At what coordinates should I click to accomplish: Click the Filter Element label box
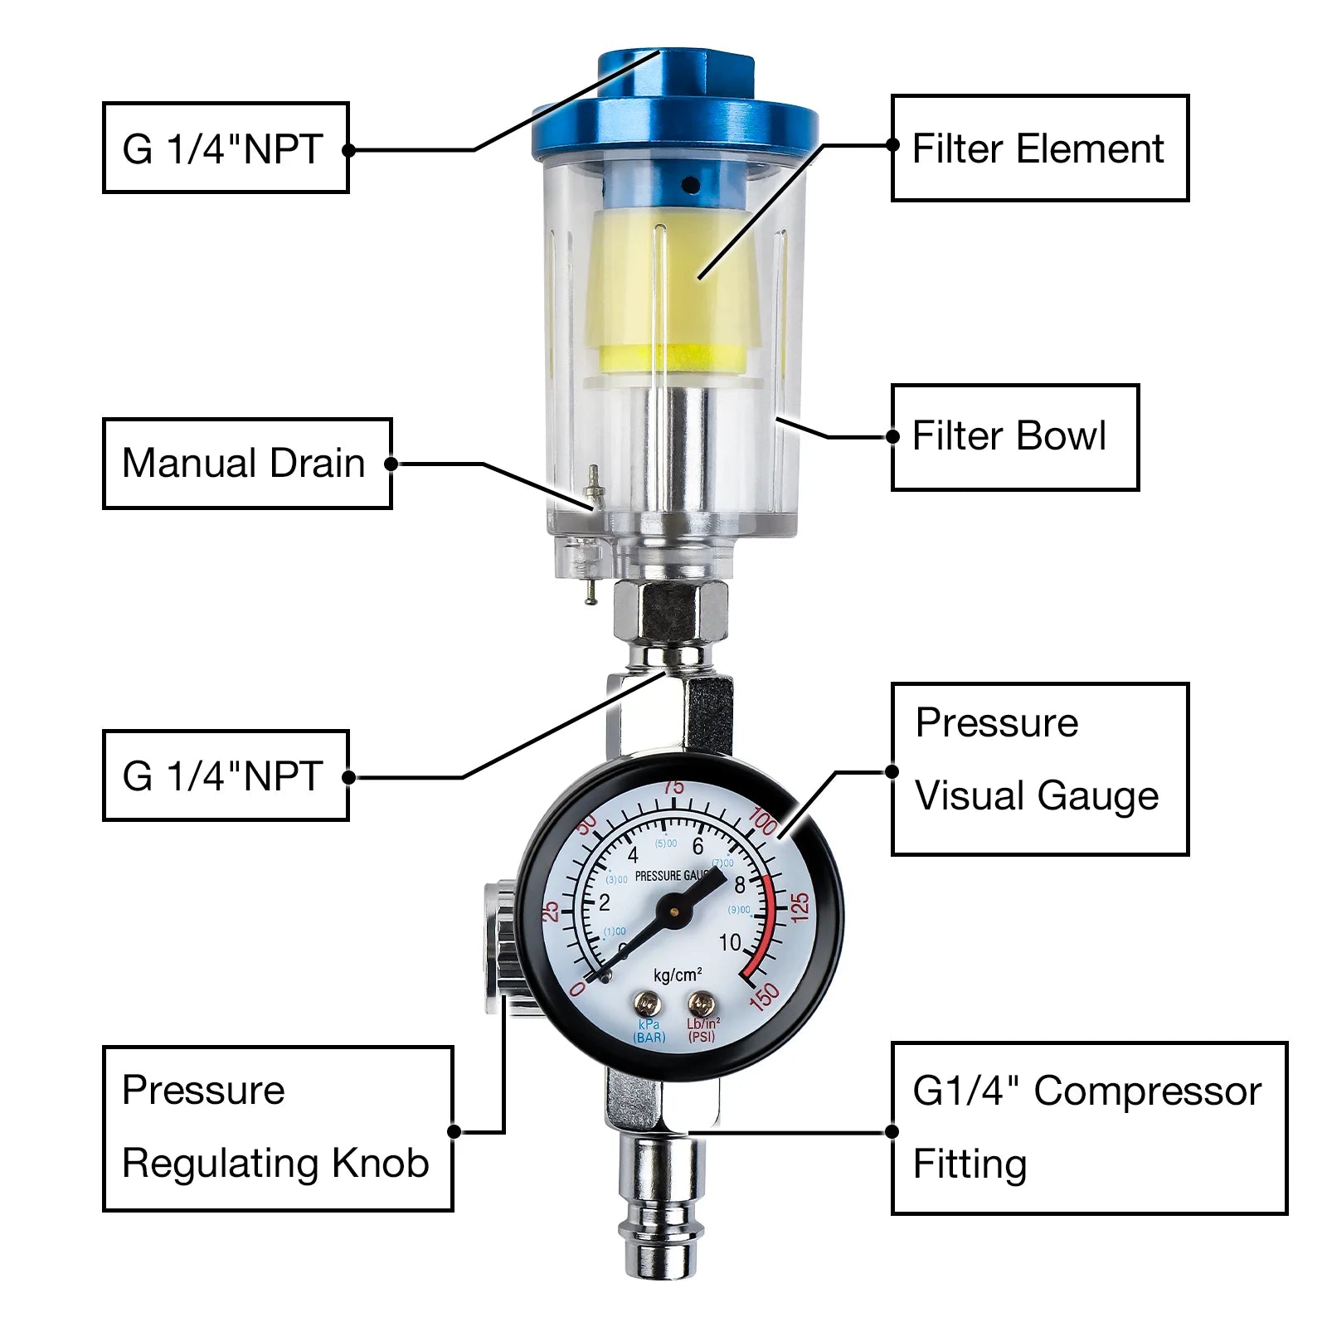pos(1039,148)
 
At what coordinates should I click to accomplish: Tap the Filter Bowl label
pos(1014,437)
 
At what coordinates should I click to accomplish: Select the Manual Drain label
pos(246,464)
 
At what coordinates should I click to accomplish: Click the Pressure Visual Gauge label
pos(1039,769)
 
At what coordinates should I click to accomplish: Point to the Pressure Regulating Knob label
pos(277,1128)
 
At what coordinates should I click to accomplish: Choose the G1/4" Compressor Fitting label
pos(1088,1128)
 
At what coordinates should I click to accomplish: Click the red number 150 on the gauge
pos(765,996)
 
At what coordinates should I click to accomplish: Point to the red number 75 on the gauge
pos(673,786)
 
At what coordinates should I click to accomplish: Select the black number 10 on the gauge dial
pos(730,943)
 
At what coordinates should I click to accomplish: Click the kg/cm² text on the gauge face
pos(677,975)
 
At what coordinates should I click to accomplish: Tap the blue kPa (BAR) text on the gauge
pos(649,1031)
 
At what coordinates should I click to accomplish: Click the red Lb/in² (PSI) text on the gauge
pos(702,1030)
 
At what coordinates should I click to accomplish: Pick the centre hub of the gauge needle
pos(673,911)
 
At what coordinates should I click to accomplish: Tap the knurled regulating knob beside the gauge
pos(499,945)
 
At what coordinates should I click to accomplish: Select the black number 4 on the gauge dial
pos(633,855)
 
